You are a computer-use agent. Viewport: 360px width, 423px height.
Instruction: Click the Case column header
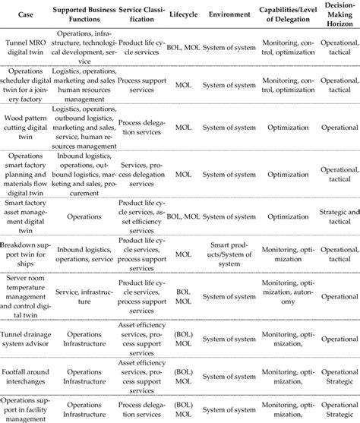tap(27, 14)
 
